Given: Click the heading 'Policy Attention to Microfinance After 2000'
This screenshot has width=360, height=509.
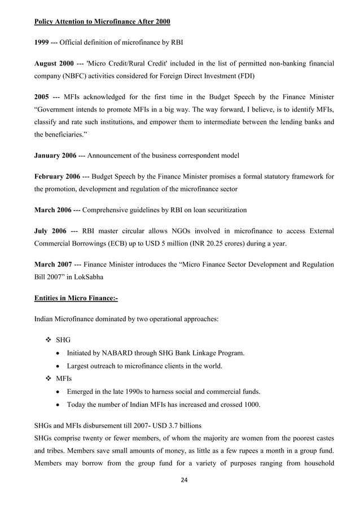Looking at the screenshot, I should pos(102,22).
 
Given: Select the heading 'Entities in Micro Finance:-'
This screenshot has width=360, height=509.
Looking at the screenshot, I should pos(76,297).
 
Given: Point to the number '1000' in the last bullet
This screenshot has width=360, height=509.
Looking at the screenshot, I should pos(251,404).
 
